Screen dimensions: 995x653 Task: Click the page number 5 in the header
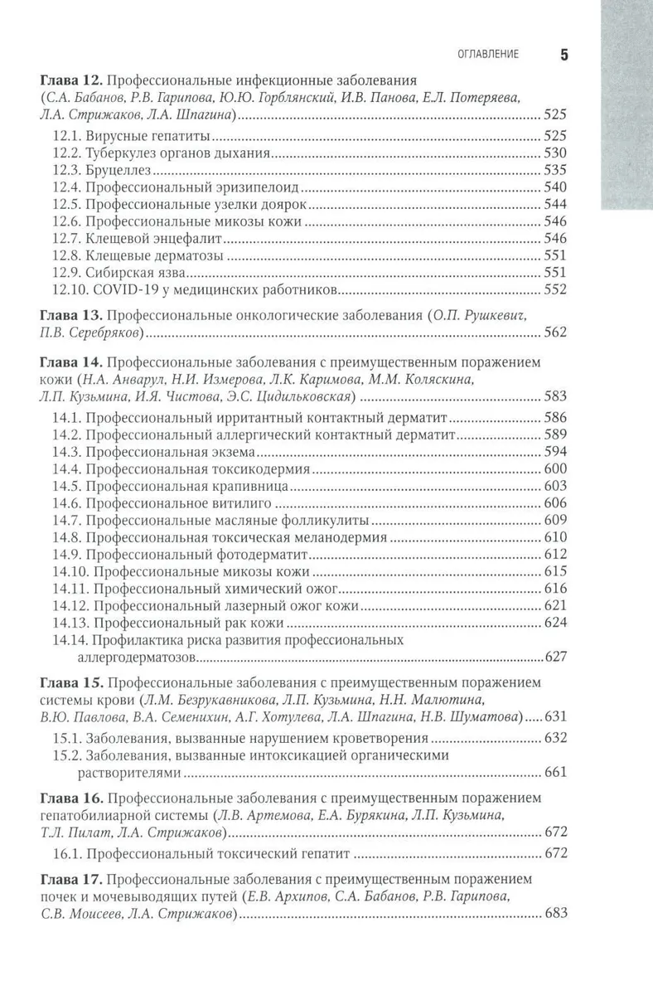(x=564, y=55)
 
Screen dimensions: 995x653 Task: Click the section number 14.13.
(x=69, y=622)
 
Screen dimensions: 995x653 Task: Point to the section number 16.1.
(x=65, y=852)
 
